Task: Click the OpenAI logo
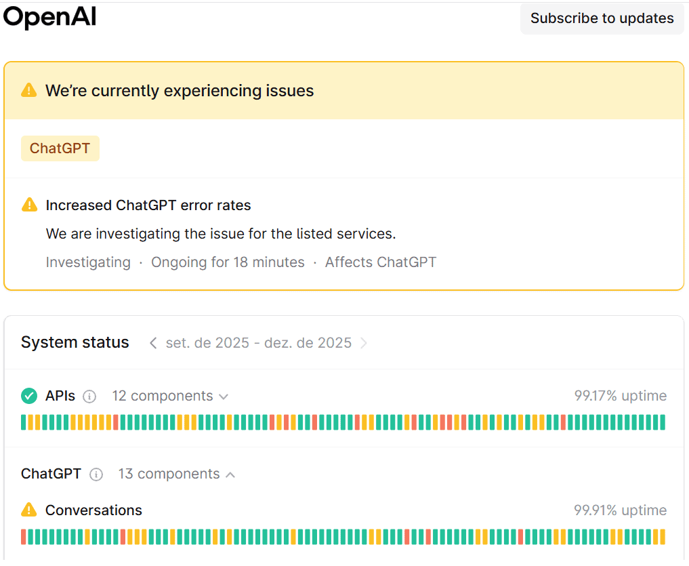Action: click(x=49, y=18)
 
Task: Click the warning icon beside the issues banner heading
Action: click(x=28, y=90)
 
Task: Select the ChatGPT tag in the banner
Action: click(x=60, y=148)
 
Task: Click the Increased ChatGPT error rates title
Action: click(x=148, y=205)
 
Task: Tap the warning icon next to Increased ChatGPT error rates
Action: click(x=29, y=205)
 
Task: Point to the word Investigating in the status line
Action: click(x=88, y=262)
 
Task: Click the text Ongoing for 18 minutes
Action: click(x=228, y=262)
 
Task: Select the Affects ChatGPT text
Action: click(x=380, y=262)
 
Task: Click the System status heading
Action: click(x=75, y=342)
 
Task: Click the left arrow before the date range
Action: click(x=153, y=343)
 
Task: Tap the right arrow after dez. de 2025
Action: click(x=364, y=343)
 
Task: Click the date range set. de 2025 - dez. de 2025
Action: click(x=258, y=343)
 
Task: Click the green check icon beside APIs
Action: click(x=29, y=396)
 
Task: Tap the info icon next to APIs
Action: click(x=89, y=397)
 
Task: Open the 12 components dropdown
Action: click(x=169, y=396)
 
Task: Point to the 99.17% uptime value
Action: click(x=620, y=396)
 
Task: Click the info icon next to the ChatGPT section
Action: click(x=96, y=474)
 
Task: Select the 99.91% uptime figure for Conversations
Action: click(x=620, y=510)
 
